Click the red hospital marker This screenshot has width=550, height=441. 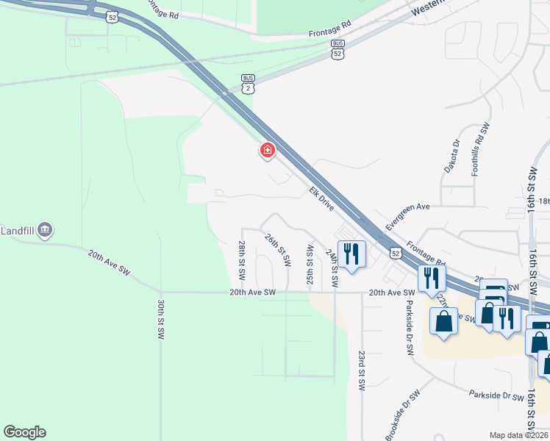[x=267, y=151]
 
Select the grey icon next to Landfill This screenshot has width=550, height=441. [x=45, y=230]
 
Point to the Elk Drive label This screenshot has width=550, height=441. [x=321, y=198]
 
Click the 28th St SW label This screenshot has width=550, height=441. [x=241, y=260]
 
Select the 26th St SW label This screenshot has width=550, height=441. [x=276, y=251]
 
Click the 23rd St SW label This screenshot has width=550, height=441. [x=362, y=371]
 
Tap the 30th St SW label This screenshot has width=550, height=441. [x=160, y=318]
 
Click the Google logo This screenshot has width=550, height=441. [x=24, y=432]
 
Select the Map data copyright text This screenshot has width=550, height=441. [x=518, y=435]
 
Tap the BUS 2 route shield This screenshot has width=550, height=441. [x=248, y=83]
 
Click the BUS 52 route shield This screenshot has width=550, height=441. [x=337, y=49]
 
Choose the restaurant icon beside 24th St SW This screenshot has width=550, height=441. [x=351, y=255]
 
